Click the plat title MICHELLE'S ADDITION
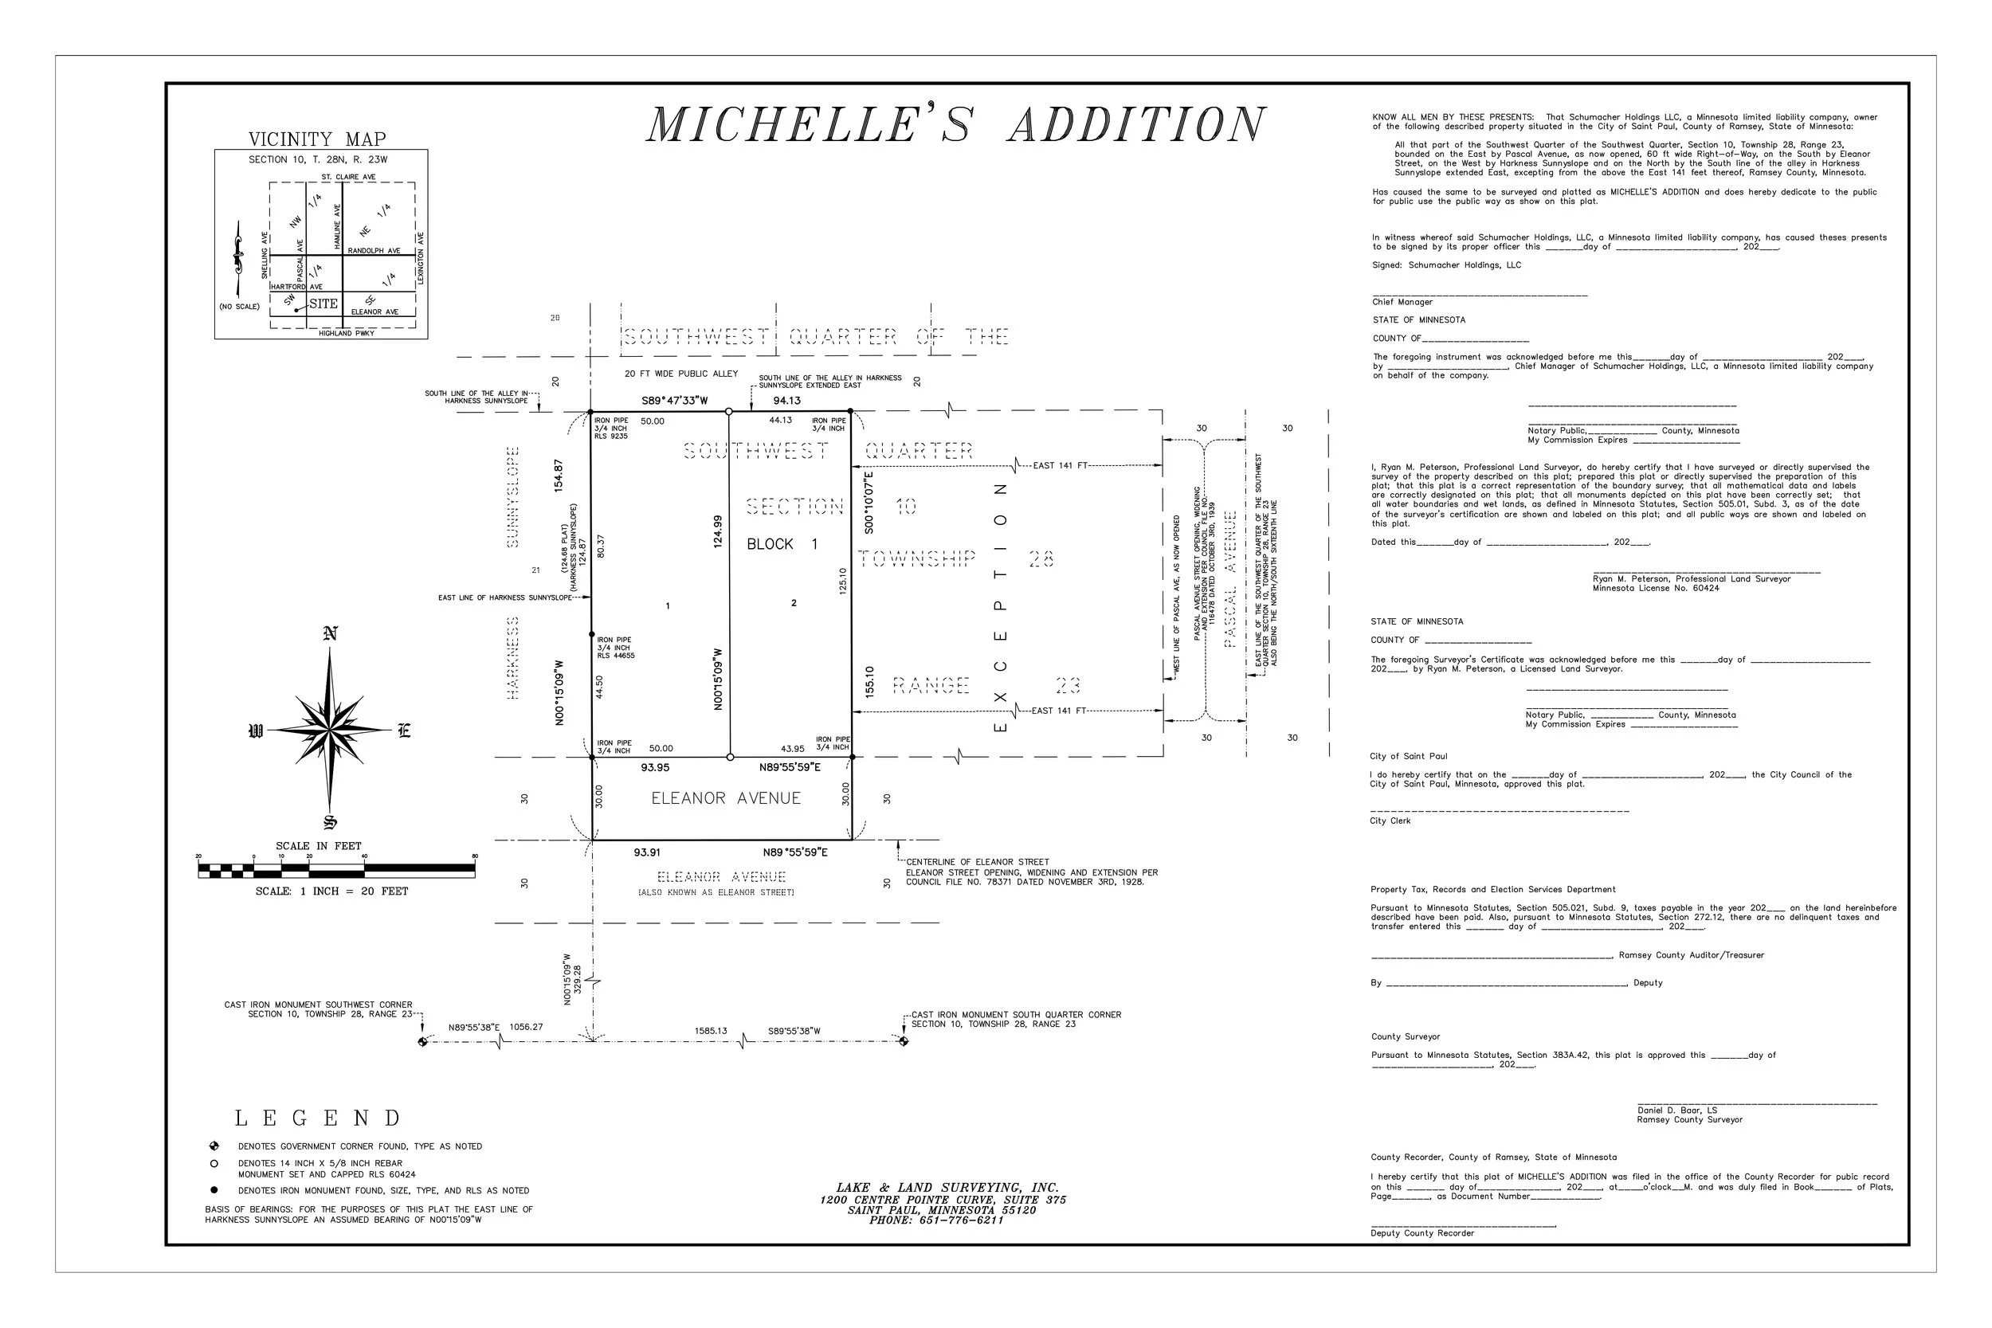tap(955, 125)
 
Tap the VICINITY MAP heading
tap(317, 139)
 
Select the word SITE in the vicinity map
tap(324, 304)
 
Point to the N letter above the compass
tap(331, 633)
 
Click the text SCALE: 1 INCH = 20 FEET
tap(332, 891)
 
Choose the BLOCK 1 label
tap(782, 544)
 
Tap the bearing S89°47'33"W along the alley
tap(674, 401)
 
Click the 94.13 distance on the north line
tap(786, 401)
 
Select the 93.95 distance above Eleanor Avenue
tap(655, 767)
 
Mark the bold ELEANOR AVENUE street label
tap(726, 797)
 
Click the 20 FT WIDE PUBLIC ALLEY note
tap(681, 374)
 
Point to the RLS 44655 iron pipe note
tap(616, 656)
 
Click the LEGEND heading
tap(317, 1118)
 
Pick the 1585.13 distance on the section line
tap(711, 1031)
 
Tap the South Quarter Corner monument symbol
tap(904, 1041)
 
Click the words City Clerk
tap(1390, 821)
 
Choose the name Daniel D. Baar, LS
tap(1677, 1111)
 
